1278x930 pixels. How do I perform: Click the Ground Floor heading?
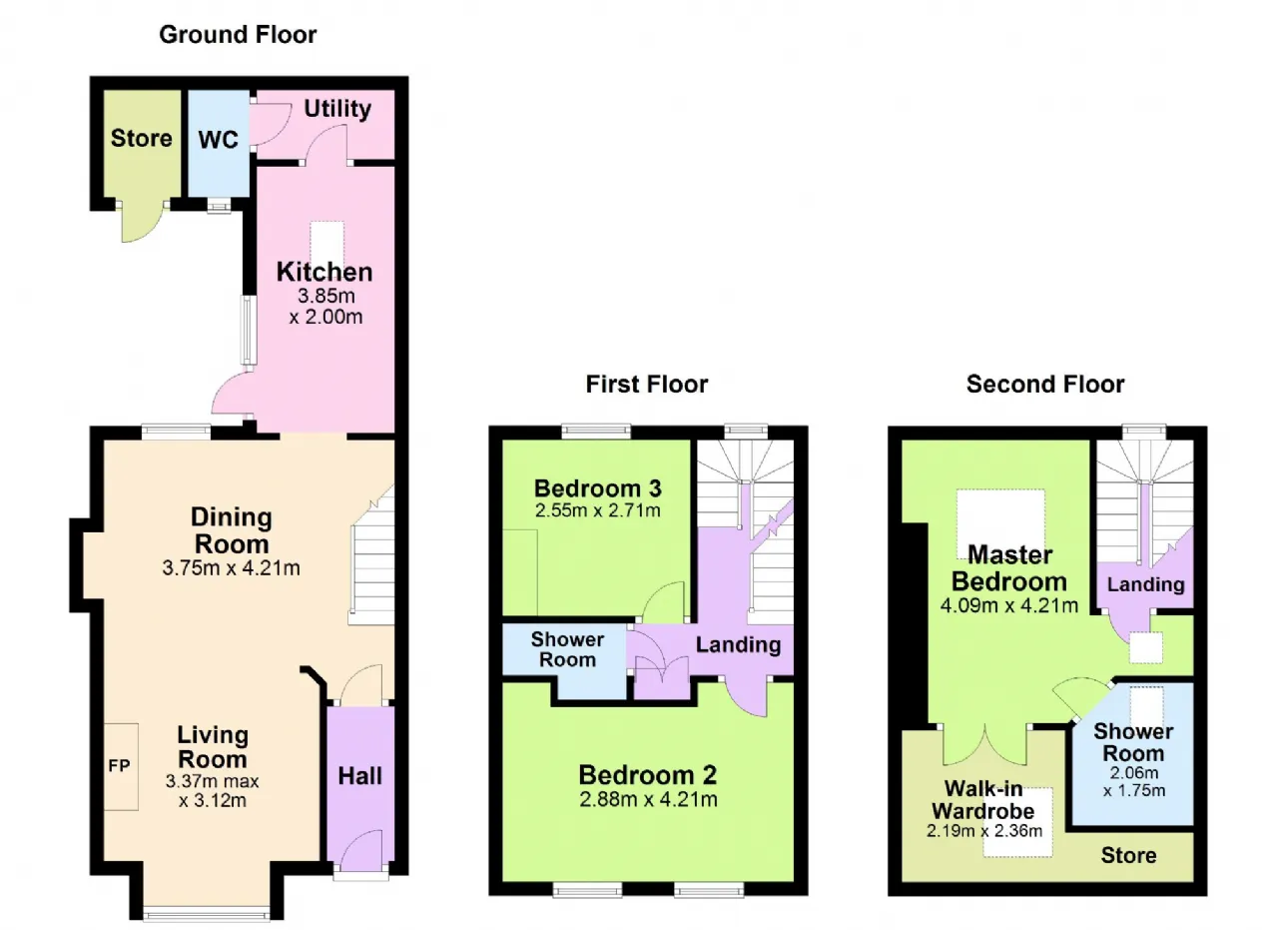[x=238, y=35]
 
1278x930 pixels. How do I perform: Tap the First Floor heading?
[x=647, y=385]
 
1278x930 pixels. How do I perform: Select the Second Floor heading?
[x=1045, y=385]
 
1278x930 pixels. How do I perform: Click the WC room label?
[x=219, y=140]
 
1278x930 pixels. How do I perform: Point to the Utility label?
[x=337, y=109]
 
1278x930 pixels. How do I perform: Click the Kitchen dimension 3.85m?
[x=325, y=296]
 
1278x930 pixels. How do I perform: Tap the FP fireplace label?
[x=119, y=765]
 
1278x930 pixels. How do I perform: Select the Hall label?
[x=360, y=776]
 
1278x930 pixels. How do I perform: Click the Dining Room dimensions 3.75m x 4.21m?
[x=231, y=568]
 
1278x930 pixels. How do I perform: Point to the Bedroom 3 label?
[x=597, y=488]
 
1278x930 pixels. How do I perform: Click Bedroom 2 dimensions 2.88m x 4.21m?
[x=648, y=799]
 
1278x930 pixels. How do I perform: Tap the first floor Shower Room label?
[x=568, y=649]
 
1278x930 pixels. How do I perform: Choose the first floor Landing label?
[x=738, y=645]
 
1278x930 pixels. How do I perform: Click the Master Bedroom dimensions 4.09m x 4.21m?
[x=1009, y=605]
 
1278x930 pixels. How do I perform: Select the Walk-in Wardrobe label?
[x=983, y=800]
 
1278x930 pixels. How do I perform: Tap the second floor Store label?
[x=1128, y=855]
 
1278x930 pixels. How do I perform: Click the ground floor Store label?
[x=141, y=138]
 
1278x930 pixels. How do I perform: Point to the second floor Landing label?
[x=1145, y=584]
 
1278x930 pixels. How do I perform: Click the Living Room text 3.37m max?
[x=213, y=781]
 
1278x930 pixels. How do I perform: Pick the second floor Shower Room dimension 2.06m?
[x=1133, y=773]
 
